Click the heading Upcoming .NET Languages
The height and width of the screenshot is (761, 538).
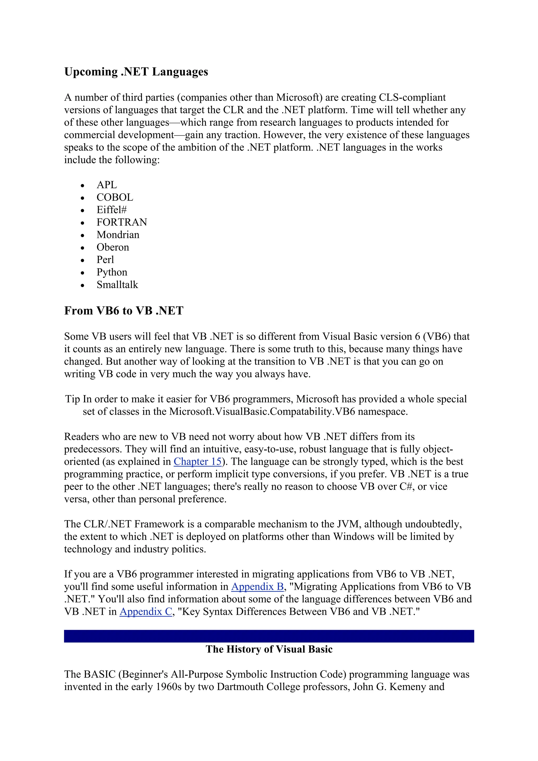click(136, 72)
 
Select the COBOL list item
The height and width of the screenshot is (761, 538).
click(115, 197)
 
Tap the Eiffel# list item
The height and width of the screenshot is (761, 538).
click(111, 210)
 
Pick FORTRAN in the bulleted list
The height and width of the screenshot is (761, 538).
click(122, 222)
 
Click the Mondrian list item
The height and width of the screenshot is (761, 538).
click(118, 235)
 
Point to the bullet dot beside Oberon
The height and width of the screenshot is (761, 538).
click(82, 248)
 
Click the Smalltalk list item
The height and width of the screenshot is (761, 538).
click(117, 285)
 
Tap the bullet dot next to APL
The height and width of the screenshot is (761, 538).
click(82, 186)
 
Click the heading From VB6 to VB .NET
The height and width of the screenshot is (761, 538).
click(124, 311)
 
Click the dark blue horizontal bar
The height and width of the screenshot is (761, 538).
click(269, 636)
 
